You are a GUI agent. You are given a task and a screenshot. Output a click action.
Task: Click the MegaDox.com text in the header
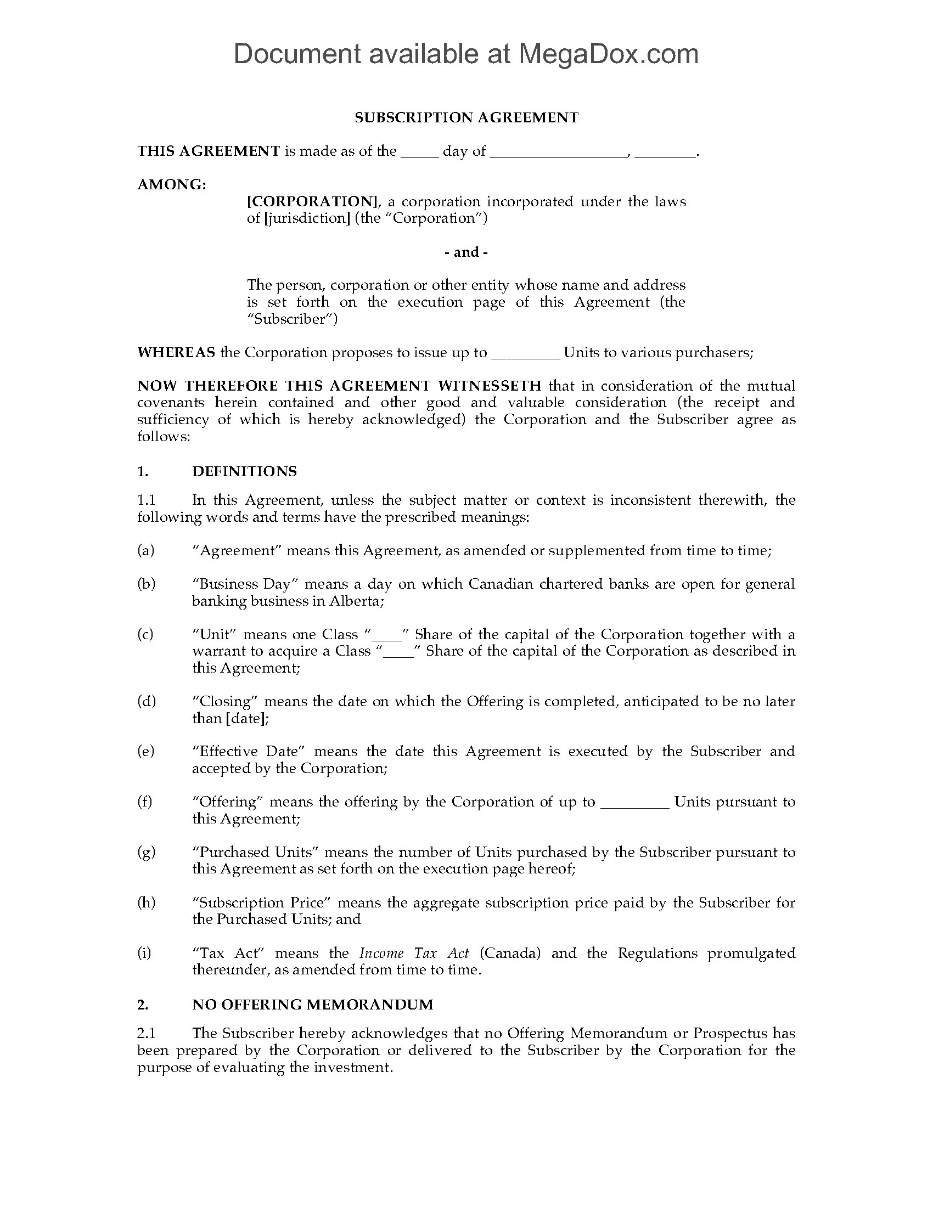tap(608, 54)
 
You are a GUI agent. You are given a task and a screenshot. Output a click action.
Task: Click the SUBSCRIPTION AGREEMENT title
tap(466, 117)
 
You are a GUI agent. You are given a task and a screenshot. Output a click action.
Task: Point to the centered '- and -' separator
tap(466, 252)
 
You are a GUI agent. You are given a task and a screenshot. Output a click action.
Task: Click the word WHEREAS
tap(176, 352)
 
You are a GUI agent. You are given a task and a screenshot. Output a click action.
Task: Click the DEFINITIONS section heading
tap(244, 471)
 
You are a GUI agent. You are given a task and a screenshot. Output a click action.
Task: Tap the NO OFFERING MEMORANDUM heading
tap(312, 1004)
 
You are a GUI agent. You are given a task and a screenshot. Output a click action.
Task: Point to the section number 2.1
tap(147, 1033)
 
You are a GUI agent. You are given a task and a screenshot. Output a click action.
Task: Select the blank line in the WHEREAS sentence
tap(526, 353)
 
